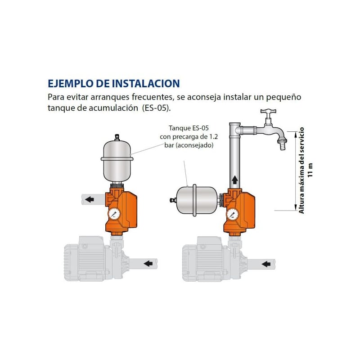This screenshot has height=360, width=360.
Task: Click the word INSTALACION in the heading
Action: (x=144, y=84)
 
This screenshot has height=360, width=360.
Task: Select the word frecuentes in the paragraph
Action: (x=146, y=97)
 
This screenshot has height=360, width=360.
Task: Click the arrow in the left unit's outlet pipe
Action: (x=90, y=199)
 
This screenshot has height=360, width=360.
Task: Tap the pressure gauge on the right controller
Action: (x=232, y=214)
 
